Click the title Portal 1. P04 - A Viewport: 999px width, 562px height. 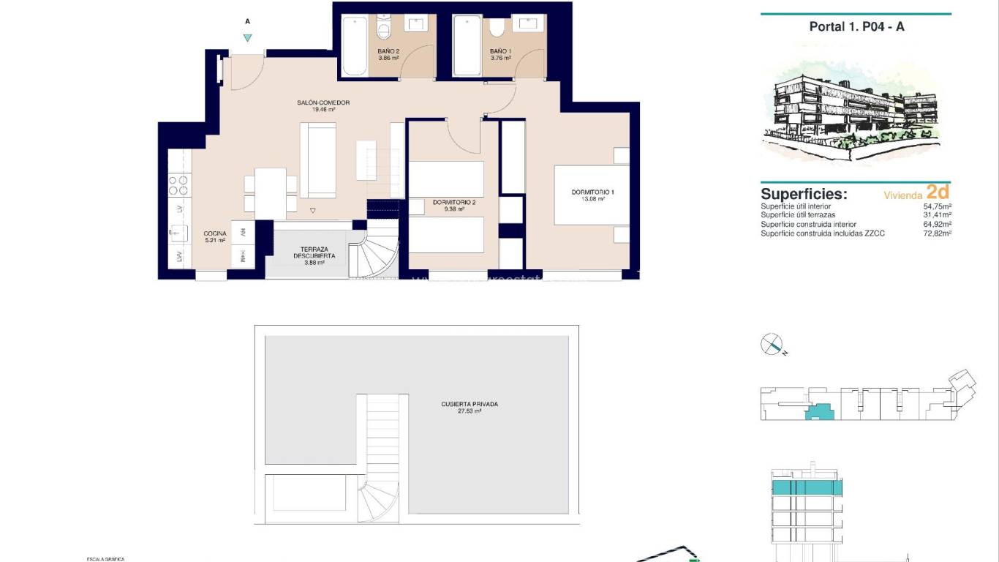coord(856,26)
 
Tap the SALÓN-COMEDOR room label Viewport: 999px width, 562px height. coord(323,103)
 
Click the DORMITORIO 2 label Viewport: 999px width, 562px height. coord(453,202)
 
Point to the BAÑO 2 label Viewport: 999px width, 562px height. coord(388,51)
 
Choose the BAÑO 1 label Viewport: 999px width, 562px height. coord(500,51)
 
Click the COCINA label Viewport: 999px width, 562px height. coord(214,233)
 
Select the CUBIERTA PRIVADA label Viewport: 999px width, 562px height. coord(470,404)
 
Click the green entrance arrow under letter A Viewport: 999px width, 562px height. coord(248,38)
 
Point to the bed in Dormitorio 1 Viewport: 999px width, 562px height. coord(591,195)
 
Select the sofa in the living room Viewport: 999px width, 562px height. coord(317,160)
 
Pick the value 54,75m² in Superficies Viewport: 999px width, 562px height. coord(937,207)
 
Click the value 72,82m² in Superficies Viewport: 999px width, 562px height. coord(937,233)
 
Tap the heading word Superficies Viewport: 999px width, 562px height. coord(804,194)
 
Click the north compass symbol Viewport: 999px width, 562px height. coord(772,344)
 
